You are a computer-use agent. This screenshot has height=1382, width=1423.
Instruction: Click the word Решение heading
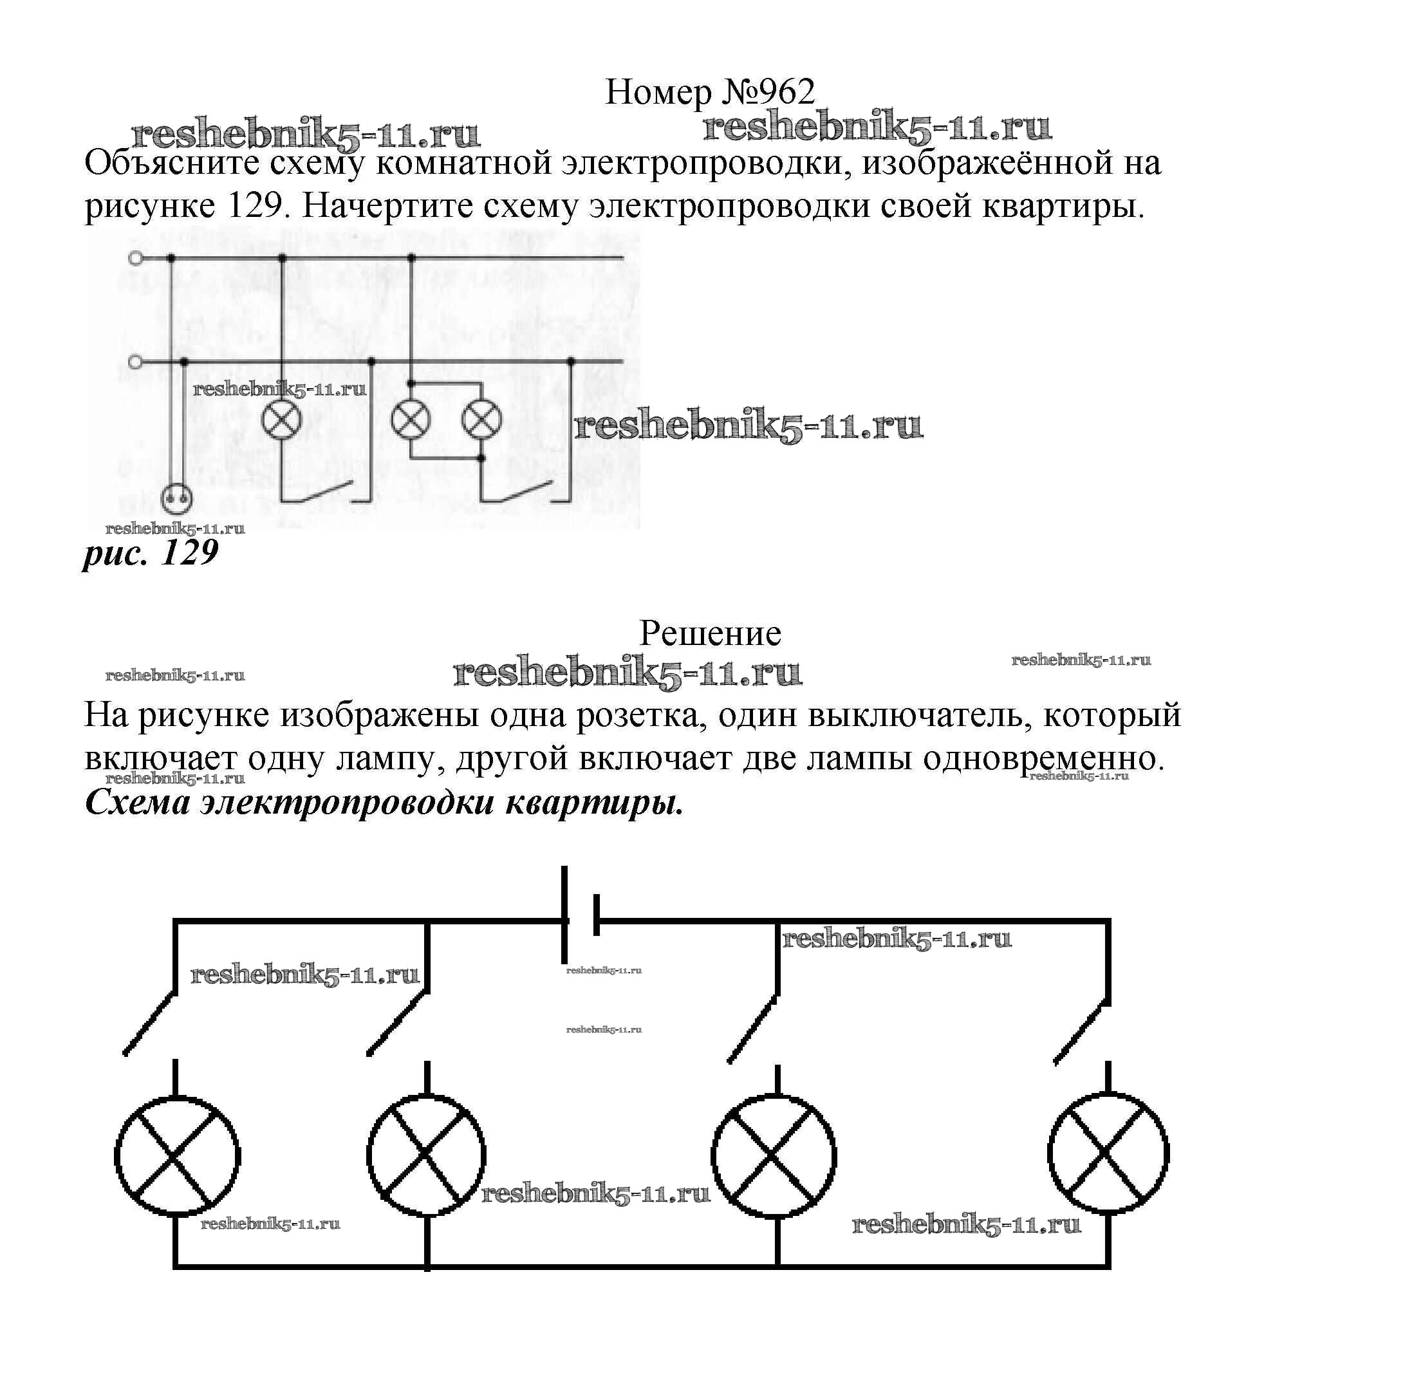709,633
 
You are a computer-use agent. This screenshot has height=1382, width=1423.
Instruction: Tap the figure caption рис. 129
151,554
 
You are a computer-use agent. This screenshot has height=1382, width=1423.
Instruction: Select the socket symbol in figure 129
177,499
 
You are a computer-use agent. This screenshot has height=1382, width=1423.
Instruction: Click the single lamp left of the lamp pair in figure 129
283,419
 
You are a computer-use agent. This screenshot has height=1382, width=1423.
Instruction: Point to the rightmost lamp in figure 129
481,420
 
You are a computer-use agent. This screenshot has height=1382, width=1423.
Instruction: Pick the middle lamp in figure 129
410,420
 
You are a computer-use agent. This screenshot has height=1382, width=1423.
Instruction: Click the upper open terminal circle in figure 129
135,258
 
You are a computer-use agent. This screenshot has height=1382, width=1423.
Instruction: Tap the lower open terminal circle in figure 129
135,361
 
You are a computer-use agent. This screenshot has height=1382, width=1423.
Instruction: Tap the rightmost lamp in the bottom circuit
1108,1154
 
